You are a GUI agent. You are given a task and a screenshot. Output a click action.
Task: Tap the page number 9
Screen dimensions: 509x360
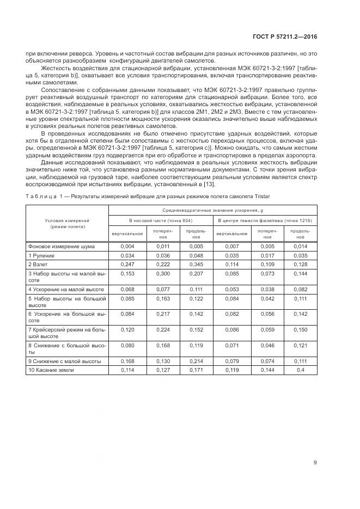tap(315, 463)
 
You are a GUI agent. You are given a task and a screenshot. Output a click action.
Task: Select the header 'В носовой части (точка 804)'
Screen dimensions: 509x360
tap(161, 220)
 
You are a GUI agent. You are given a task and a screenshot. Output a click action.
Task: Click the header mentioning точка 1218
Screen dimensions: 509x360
tap(265, 220)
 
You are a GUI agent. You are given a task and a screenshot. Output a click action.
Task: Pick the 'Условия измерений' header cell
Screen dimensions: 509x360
tap(67, 223)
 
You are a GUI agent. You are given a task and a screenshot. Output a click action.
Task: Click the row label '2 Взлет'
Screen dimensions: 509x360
tap(36, 263)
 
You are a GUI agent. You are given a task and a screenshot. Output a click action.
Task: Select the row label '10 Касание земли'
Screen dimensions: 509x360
tap(50, 370)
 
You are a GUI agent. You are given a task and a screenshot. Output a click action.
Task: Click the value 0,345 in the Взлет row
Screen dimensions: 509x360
tap(196, 263)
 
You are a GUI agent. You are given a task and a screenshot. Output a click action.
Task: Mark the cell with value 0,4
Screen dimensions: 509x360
tap(300, 370)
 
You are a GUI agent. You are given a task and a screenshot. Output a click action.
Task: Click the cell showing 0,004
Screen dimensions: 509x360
tap(127, 247)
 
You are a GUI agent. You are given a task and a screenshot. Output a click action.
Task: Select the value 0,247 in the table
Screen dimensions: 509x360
tap(127, 263)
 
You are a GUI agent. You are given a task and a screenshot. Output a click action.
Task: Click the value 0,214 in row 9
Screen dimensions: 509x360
tap(196, 361)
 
